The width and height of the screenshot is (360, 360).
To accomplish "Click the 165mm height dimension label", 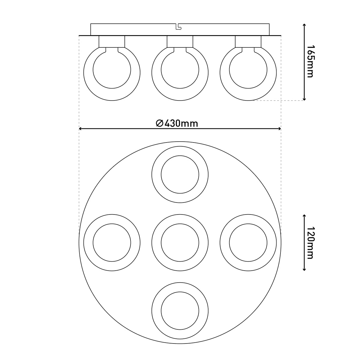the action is coord(311,61).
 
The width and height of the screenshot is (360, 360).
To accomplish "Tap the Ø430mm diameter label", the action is coord(177,124).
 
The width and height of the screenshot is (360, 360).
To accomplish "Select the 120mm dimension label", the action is coord(311,243).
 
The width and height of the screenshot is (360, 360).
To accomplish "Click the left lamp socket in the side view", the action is coord(112,41).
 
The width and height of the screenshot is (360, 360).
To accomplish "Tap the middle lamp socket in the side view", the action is coord(180,41).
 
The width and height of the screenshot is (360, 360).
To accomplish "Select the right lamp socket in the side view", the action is coord(248,41).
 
